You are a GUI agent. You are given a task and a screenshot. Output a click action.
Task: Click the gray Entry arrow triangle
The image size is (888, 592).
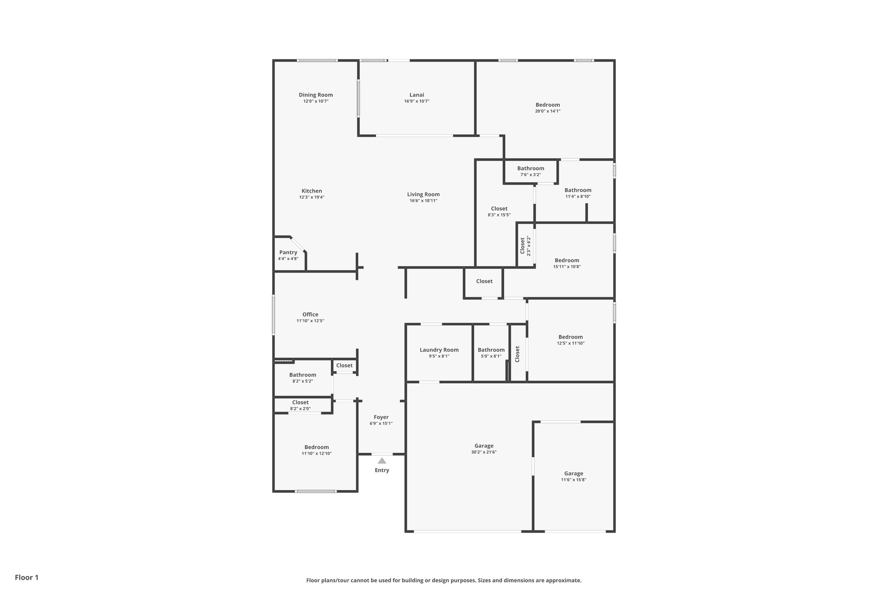[x=382, y=461]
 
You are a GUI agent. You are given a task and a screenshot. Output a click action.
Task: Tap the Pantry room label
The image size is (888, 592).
[x=288, y=252]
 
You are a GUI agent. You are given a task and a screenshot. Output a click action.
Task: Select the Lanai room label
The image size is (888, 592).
[x=417, y=95]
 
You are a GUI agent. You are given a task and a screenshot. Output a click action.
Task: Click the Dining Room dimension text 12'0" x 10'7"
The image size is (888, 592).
[x=316, y=101]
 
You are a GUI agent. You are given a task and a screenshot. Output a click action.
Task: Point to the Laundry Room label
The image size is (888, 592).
[x=439, y=350]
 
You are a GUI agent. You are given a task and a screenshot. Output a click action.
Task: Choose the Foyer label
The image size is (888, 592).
[x=381, y=417]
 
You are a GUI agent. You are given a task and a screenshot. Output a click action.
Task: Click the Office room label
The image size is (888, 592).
[x=310, y=314]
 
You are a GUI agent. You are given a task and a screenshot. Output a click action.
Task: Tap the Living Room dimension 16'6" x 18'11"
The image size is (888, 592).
[x=423, y=200]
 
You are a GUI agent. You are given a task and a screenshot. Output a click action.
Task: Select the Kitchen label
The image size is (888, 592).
[x=312, y=191]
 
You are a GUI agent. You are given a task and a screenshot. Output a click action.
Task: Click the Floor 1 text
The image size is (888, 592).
[x=26, y=577]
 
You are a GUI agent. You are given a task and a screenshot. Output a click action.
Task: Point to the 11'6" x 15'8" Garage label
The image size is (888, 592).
[x=573, y=474]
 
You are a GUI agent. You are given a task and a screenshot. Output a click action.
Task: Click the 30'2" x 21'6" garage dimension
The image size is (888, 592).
[x=483, y=452]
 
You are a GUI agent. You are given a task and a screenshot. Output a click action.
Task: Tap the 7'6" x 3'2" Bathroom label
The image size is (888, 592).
[x=530, y=168]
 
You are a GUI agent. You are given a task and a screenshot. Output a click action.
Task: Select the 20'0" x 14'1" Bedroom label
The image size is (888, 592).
[x=548, y=105]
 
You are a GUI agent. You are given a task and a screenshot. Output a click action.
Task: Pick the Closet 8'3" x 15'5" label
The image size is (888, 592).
[x=499, y=209]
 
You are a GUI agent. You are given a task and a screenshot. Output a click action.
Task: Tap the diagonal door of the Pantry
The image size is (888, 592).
[x=298, y=244]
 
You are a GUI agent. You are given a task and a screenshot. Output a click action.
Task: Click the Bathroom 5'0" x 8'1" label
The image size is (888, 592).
[x=491, y=350]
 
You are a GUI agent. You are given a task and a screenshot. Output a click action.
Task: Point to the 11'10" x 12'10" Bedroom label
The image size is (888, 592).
[x=317, y=447]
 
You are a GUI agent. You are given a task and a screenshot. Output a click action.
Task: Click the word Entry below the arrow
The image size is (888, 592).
[x=382, y=470]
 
